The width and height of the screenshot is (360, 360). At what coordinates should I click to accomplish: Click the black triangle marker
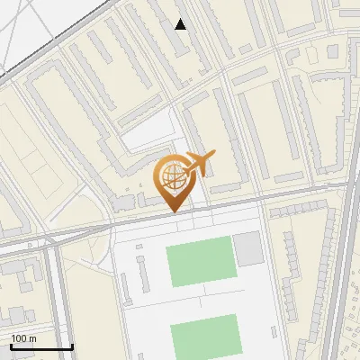tap(180, 24)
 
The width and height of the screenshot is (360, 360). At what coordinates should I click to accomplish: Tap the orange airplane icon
tap(200, 165)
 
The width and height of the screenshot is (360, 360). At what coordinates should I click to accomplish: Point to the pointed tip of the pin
tap(172, 212)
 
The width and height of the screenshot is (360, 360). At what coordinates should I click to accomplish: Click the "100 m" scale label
tap(23, 338)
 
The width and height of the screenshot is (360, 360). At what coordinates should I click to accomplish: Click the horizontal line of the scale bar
tap(41, 347)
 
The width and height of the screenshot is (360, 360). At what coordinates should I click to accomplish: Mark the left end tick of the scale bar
tap(11, 346)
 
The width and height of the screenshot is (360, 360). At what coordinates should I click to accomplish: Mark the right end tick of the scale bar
tap(72, 346)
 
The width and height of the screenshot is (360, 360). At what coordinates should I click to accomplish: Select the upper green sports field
tap(202, 262)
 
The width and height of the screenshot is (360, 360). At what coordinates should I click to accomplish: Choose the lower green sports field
tap(204, 336)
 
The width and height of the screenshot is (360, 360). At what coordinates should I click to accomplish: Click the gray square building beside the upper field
tap(247, 248)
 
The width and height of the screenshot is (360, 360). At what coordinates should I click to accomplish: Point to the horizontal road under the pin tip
tap(172, 217)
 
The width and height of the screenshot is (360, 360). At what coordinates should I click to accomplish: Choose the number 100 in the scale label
tap(19, 338)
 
